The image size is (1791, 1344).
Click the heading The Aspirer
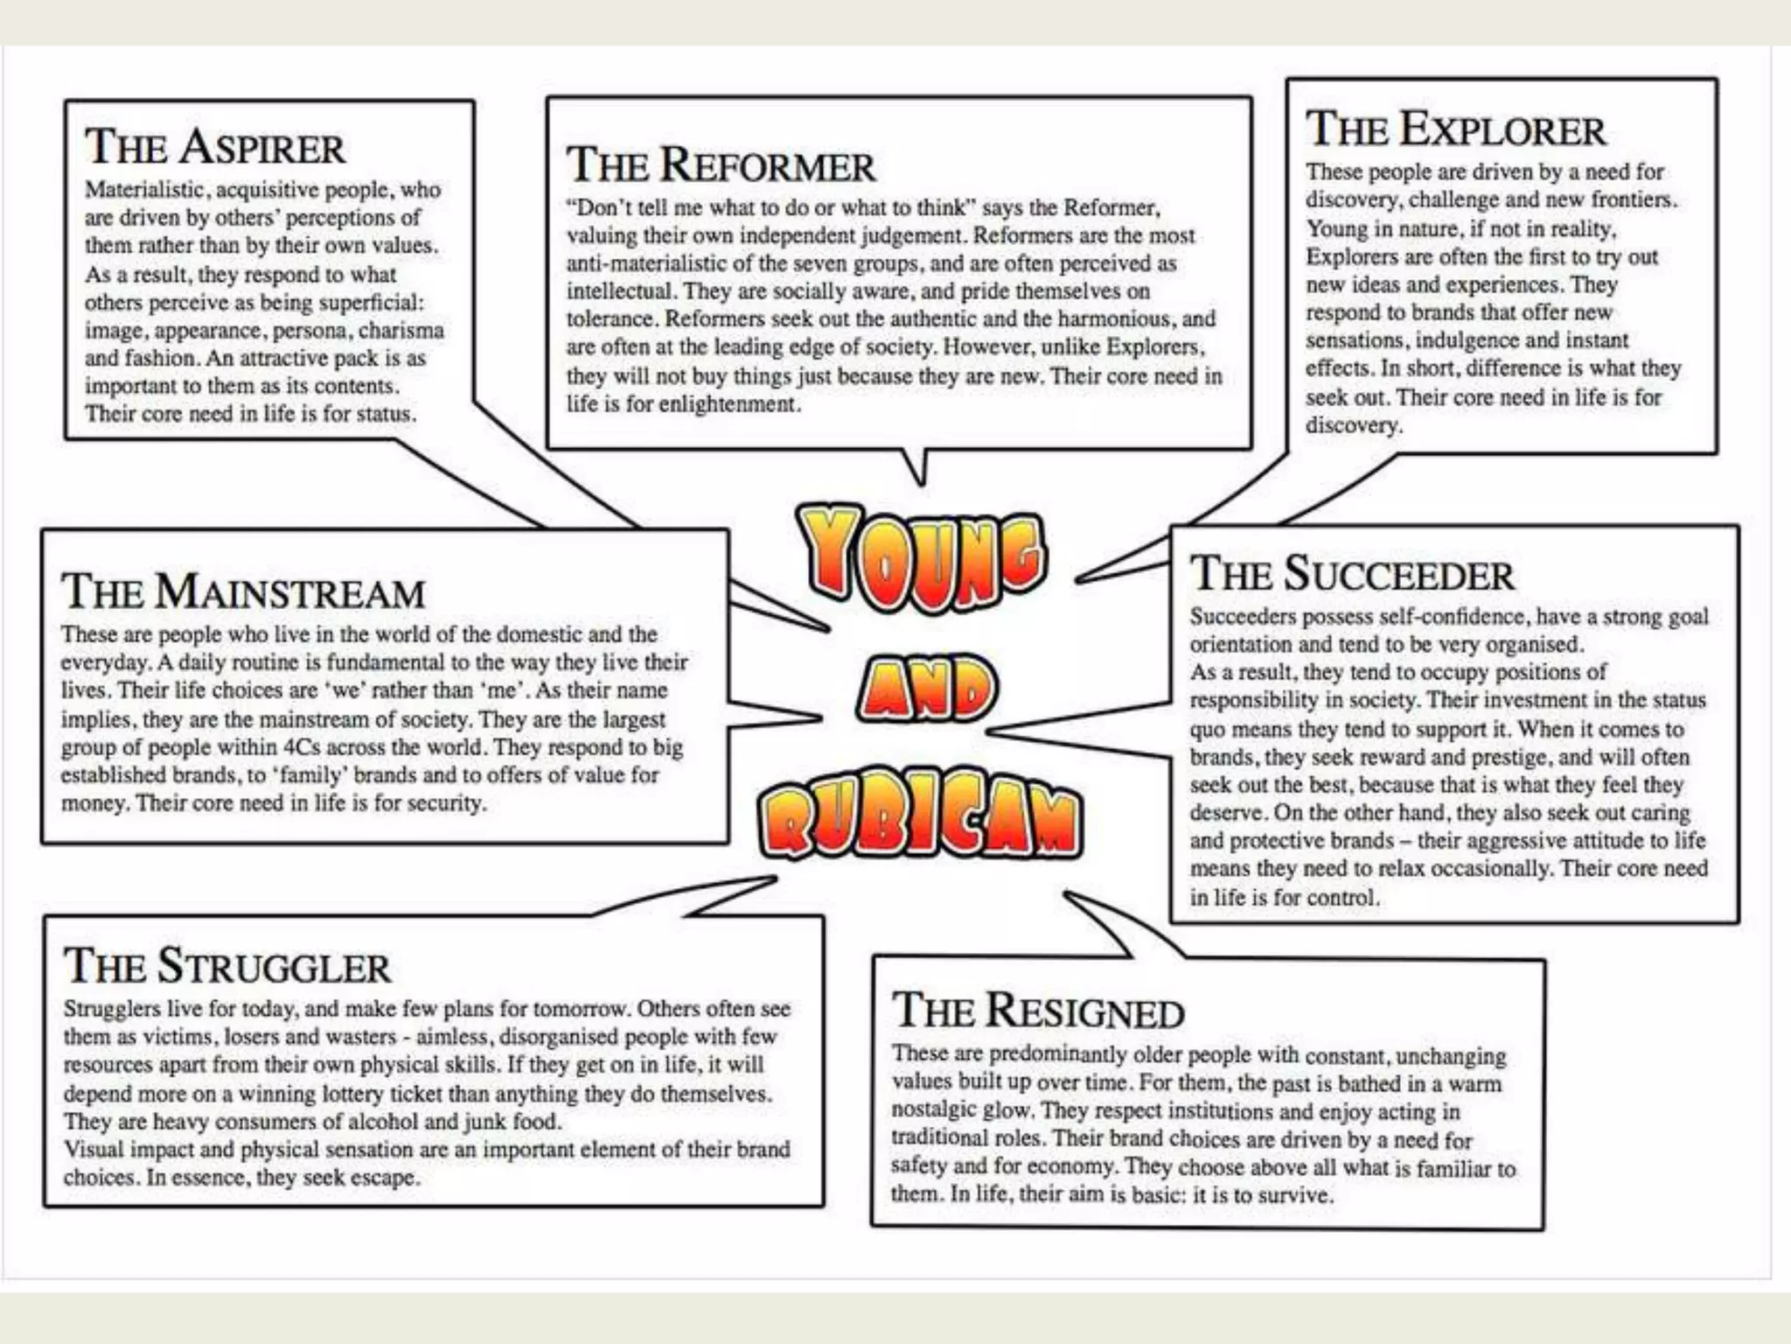pos(214,146)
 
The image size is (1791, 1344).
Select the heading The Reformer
pos(720,164)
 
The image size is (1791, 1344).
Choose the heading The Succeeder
pos(1351,574)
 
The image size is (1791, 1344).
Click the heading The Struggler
pos(226,966)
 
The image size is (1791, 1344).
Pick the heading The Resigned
pos(1038,1011)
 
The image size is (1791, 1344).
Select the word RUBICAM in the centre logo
pos(920,821)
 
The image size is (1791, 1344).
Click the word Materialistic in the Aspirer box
pos(145,190)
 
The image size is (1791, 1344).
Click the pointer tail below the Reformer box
pos(916,468)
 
